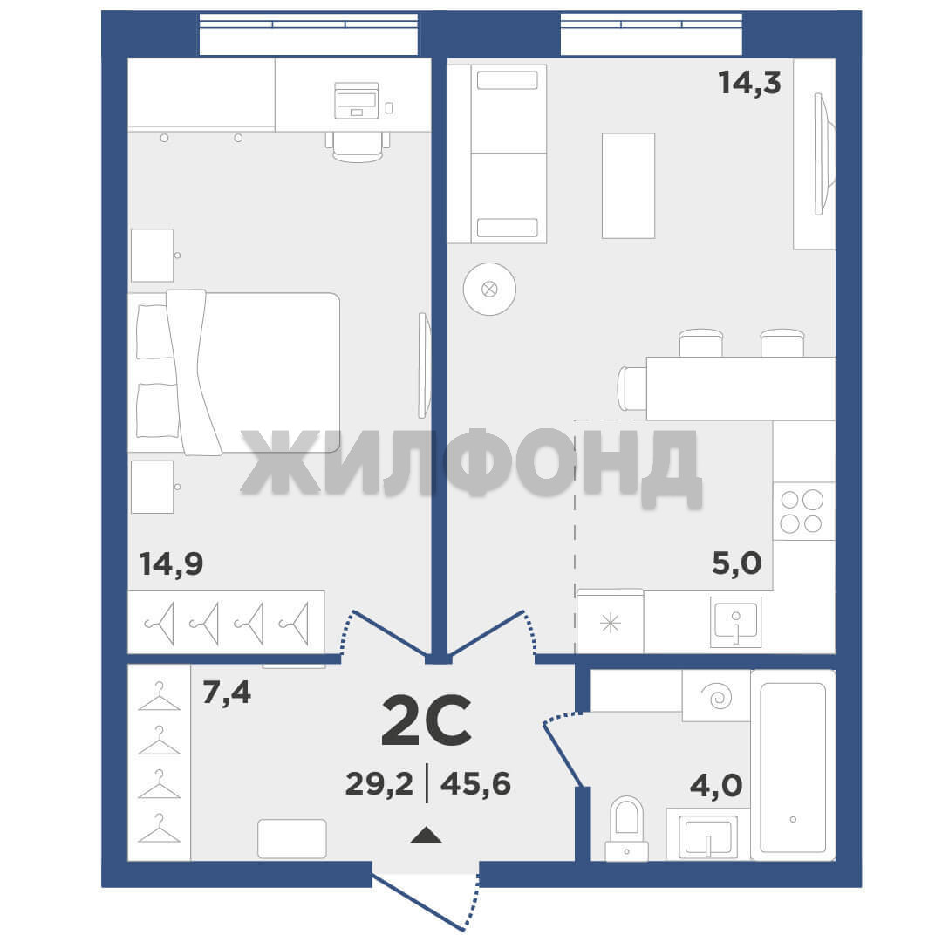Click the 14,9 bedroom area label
click(171, 564)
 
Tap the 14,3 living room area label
click(750, 82)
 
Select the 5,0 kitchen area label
click(736, 563)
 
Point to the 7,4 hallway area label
click(227, 693)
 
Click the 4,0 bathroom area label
click(715, 785)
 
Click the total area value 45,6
click(475, 784)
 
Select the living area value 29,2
click(379, 784)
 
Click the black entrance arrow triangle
click(426, 835)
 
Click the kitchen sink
click(736, 622)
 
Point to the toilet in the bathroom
click(626, 829)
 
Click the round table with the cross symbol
click(489, 289)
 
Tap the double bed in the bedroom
click(235, 372)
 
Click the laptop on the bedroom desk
click(357, 100)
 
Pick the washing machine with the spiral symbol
click(716, 696)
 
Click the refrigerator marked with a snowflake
click(611, 621)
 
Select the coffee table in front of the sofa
click(628, 186)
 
